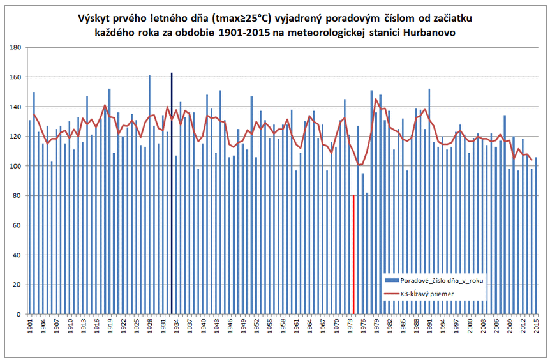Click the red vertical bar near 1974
click(x=353, y=255)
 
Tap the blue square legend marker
click(x=391, y=280)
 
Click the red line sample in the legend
click(x=391, y=294)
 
